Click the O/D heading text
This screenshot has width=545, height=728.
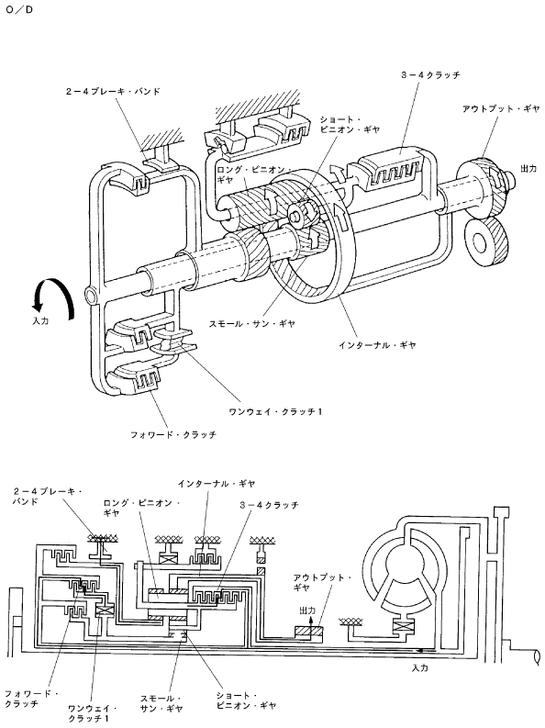click(19, 9)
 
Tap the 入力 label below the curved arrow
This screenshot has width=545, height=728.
click(40, 320)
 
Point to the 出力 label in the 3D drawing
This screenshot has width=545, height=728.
click(528, 169)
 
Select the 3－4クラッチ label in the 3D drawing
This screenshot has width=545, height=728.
click(431, 74)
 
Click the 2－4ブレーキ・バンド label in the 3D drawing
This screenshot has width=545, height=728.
click(113, 92)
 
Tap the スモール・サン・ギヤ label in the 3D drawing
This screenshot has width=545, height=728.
click(252, 324)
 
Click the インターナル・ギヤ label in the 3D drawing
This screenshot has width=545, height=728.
click(377, 345)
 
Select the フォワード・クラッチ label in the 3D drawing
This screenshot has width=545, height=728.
click(173, 435)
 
